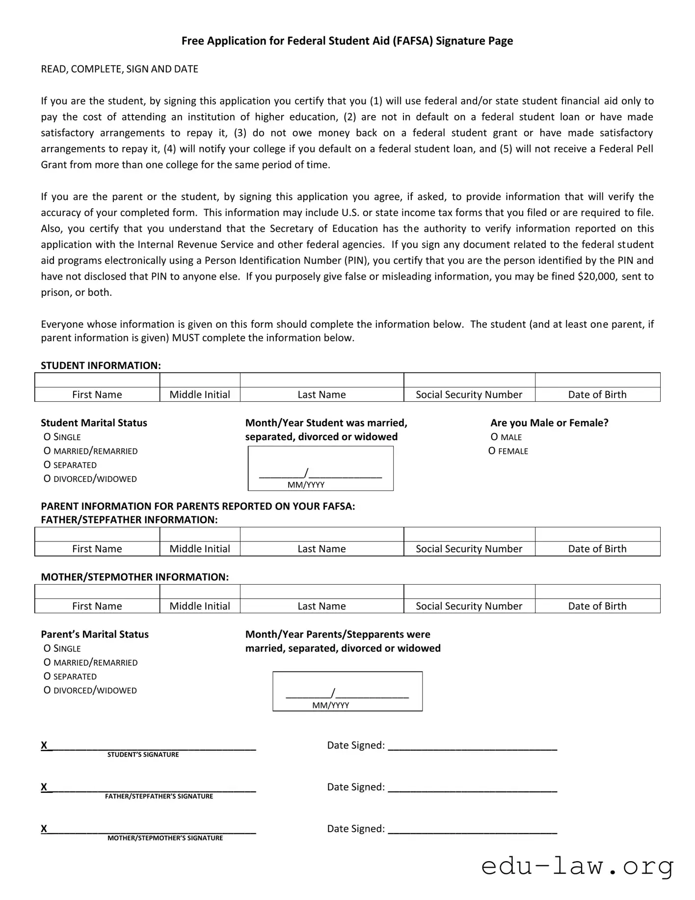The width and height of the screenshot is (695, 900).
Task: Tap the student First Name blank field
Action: (97, 380)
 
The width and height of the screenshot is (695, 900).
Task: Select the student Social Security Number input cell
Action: (469, 380)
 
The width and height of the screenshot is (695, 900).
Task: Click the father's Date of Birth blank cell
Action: (597, 534)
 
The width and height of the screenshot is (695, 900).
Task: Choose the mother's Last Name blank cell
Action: (321, 591)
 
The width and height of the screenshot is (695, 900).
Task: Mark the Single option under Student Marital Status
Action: (47, 437)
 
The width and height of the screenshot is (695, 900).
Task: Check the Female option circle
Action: (492, 451)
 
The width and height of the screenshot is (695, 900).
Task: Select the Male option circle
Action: (494, 437)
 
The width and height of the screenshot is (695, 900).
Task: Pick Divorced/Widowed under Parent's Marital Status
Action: (47, 690)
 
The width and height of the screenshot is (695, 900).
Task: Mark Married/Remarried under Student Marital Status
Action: (47, 451)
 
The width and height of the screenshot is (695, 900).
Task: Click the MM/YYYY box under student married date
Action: (320, 468)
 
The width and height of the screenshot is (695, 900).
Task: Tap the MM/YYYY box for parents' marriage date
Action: (347, 691)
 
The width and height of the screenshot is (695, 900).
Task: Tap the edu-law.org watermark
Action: (577, 866)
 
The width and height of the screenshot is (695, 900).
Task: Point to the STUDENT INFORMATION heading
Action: (101, 366)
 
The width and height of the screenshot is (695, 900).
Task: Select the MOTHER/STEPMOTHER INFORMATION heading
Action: (134, 577)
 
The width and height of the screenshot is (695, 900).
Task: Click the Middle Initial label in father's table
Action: (200, 549)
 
